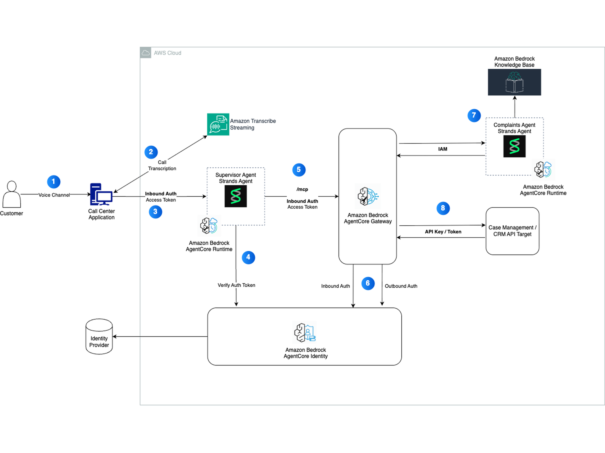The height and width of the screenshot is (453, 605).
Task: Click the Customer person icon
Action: click(12, 194)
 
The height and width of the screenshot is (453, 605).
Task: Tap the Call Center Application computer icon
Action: click(101, 194)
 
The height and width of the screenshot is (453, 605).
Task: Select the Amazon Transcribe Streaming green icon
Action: click(218, 124)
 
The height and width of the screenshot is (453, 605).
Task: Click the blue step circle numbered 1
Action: click(54, 182)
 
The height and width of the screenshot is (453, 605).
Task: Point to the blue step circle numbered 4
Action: click(248, 257)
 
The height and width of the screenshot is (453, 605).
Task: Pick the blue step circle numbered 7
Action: click(474, 115)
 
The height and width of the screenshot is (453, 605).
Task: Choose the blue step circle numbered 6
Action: click(368, 284)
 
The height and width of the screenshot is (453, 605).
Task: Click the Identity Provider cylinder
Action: click(99, 336)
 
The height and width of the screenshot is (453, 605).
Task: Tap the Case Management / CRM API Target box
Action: click(512, 231)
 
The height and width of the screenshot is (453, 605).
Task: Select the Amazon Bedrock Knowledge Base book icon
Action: click(514, 82)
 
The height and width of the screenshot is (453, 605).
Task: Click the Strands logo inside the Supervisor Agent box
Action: click(235, 196)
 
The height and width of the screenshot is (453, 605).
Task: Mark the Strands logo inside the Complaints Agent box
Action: click(514, 146)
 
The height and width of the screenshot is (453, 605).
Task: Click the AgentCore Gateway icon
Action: click(368, 196)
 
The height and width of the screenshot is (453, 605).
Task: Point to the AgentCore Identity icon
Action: click(305, 332)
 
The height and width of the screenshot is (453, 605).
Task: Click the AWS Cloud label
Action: click(167, 53)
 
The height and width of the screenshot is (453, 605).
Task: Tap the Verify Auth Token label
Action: click(236, 285)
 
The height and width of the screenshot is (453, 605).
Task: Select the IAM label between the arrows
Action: click(443, 149)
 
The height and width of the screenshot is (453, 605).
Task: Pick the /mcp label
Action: click(302, 189)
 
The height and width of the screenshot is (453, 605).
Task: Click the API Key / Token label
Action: click(443, 232)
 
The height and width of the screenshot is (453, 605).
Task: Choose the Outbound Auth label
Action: click(401, 286)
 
